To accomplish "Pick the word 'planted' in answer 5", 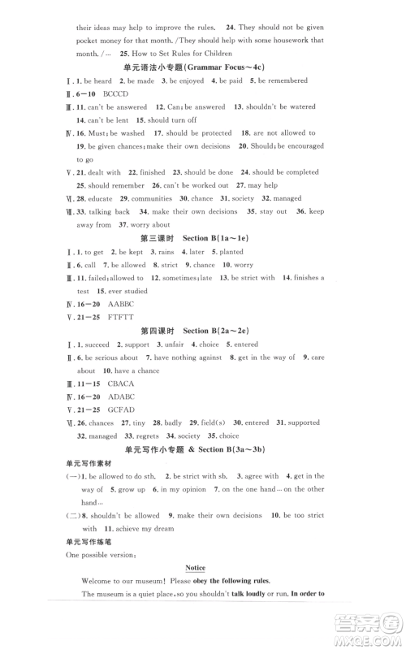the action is [x=231, y=251].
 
